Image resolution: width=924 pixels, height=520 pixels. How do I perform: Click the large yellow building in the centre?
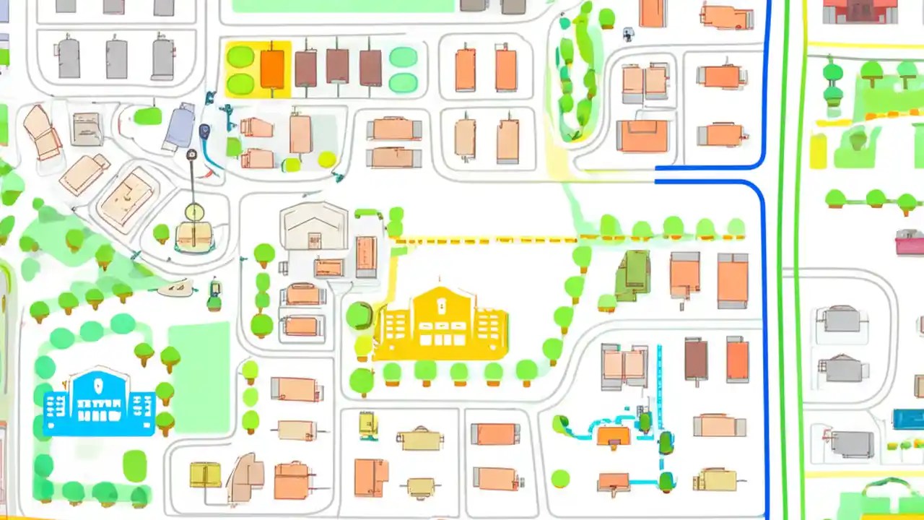(441, 325)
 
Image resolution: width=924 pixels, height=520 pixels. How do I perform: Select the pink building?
(909, 243)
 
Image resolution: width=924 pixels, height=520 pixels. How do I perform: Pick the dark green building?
(633, 274)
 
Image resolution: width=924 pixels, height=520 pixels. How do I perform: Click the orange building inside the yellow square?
(272, 69)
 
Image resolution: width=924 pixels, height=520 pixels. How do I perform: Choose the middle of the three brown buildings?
(337, 66)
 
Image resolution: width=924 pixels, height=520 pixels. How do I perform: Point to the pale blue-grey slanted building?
(179, 127)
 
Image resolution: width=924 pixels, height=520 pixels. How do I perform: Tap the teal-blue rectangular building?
(907, 420)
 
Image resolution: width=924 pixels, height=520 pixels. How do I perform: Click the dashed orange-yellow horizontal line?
(491, 239)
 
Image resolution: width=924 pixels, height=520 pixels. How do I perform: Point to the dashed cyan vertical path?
(659, 390)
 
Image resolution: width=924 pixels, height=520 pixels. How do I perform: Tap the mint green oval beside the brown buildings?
(403, 57)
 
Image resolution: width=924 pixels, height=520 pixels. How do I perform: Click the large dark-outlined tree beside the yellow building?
(359, 316)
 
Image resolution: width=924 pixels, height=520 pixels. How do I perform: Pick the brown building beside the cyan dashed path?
(696, 360)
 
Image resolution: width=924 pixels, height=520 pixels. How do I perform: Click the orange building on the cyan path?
(614, 435)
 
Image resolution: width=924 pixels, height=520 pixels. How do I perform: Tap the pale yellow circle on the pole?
(193, 212)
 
